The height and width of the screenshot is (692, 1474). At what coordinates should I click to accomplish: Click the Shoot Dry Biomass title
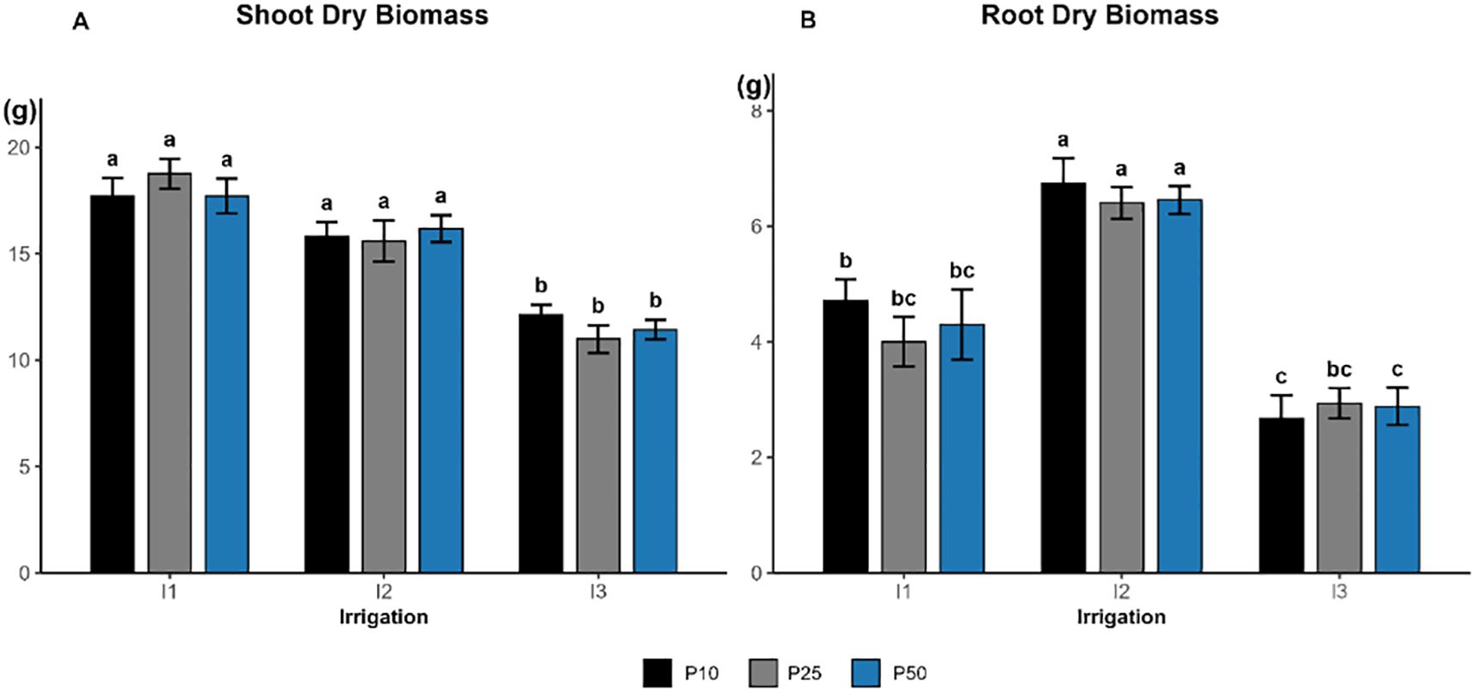click(x=361, y=15)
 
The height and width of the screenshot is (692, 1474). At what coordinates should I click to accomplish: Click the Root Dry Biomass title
click(x=1099, y=15)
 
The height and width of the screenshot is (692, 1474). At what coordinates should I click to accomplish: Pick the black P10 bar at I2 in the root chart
click(x=1064, y=378)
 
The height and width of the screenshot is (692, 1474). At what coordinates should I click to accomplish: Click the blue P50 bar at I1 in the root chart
click(x=961, y=448)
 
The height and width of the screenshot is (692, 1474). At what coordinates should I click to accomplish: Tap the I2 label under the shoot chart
click(x=384, y=593)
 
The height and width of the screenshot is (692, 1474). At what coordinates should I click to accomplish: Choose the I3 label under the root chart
click(x=1339, y=593)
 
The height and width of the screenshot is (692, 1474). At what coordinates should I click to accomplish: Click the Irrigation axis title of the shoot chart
click(x=384, y=617)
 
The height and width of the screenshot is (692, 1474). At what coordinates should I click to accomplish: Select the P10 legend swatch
click(x=657, y=673)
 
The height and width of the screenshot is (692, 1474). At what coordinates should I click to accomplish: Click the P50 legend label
click(x=910, y=673)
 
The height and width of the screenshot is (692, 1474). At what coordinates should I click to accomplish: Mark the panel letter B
click(x=807, y=21)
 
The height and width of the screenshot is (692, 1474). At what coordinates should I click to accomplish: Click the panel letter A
click(x=80, y=22)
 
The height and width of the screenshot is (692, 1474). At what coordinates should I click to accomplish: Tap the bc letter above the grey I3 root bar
click(x=1339, y=369)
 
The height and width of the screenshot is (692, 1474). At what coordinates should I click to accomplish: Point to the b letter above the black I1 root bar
click(x=845, y=261)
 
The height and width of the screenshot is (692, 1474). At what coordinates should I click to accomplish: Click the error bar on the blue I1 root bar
click(x=961, y=324)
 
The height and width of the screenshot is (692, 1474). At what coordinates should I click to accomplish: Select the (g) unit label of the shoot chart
click(x=21, y=111)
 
